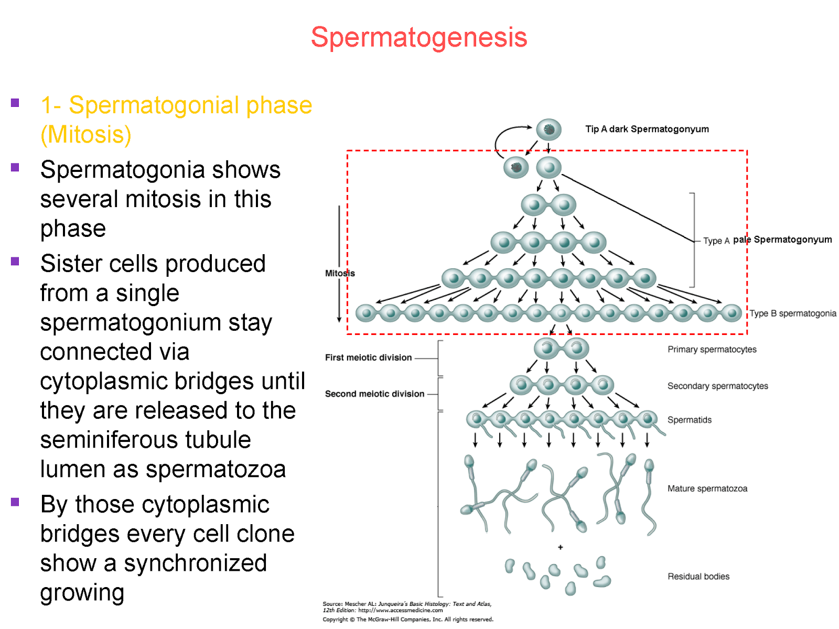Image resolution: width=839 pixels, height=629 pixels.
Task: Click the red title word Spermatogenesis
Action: click(418, 38)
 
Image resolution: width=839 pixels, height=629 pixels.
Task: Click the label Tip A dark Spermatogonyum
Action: click(647, 129)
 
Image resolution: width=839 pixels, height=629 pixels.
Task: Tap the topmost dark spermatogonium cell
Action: click(548, 129)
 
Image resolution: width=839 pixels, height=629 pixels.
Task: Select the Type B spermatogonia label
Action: click(792, 313)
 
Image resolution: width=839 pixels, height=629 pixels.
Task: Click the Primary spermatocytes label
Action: click(712, 350)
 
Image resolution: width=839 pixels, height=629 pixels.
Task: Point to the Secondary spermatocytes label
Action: click(717, 386)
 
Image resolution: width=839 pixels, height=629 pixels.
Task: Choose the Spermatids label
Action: click(689, 420)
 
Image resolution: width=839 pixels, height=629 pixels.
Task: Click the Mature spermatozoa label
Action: click(707, 489)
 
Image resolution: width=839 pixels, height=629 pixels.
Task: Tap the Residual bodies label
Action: click(698, 577)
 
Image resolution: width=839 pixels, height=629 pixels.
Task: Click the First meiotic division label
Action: click(368, 357)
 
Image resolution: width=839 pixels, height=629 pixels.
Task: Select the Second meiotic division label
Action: click(374, 394)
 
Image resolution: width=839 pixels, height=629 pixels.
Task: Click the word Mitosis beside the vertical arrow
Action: click(339, 273)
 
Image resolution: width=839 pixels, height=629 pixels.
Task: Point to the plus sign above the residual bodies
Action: click(560, 547)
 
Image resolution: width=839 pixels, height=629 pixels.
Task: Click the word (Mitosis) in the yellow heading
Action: click(85, 135)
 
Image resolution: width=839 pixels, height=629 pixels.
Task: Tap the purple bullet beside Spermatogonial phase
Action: click(15, 103)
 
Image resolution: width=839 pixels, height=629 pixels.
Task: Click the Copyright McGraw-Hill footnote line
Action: click(407, 620)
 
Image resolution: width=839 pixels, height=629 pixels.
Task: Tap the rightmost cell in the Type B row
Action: click(731, 313)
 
